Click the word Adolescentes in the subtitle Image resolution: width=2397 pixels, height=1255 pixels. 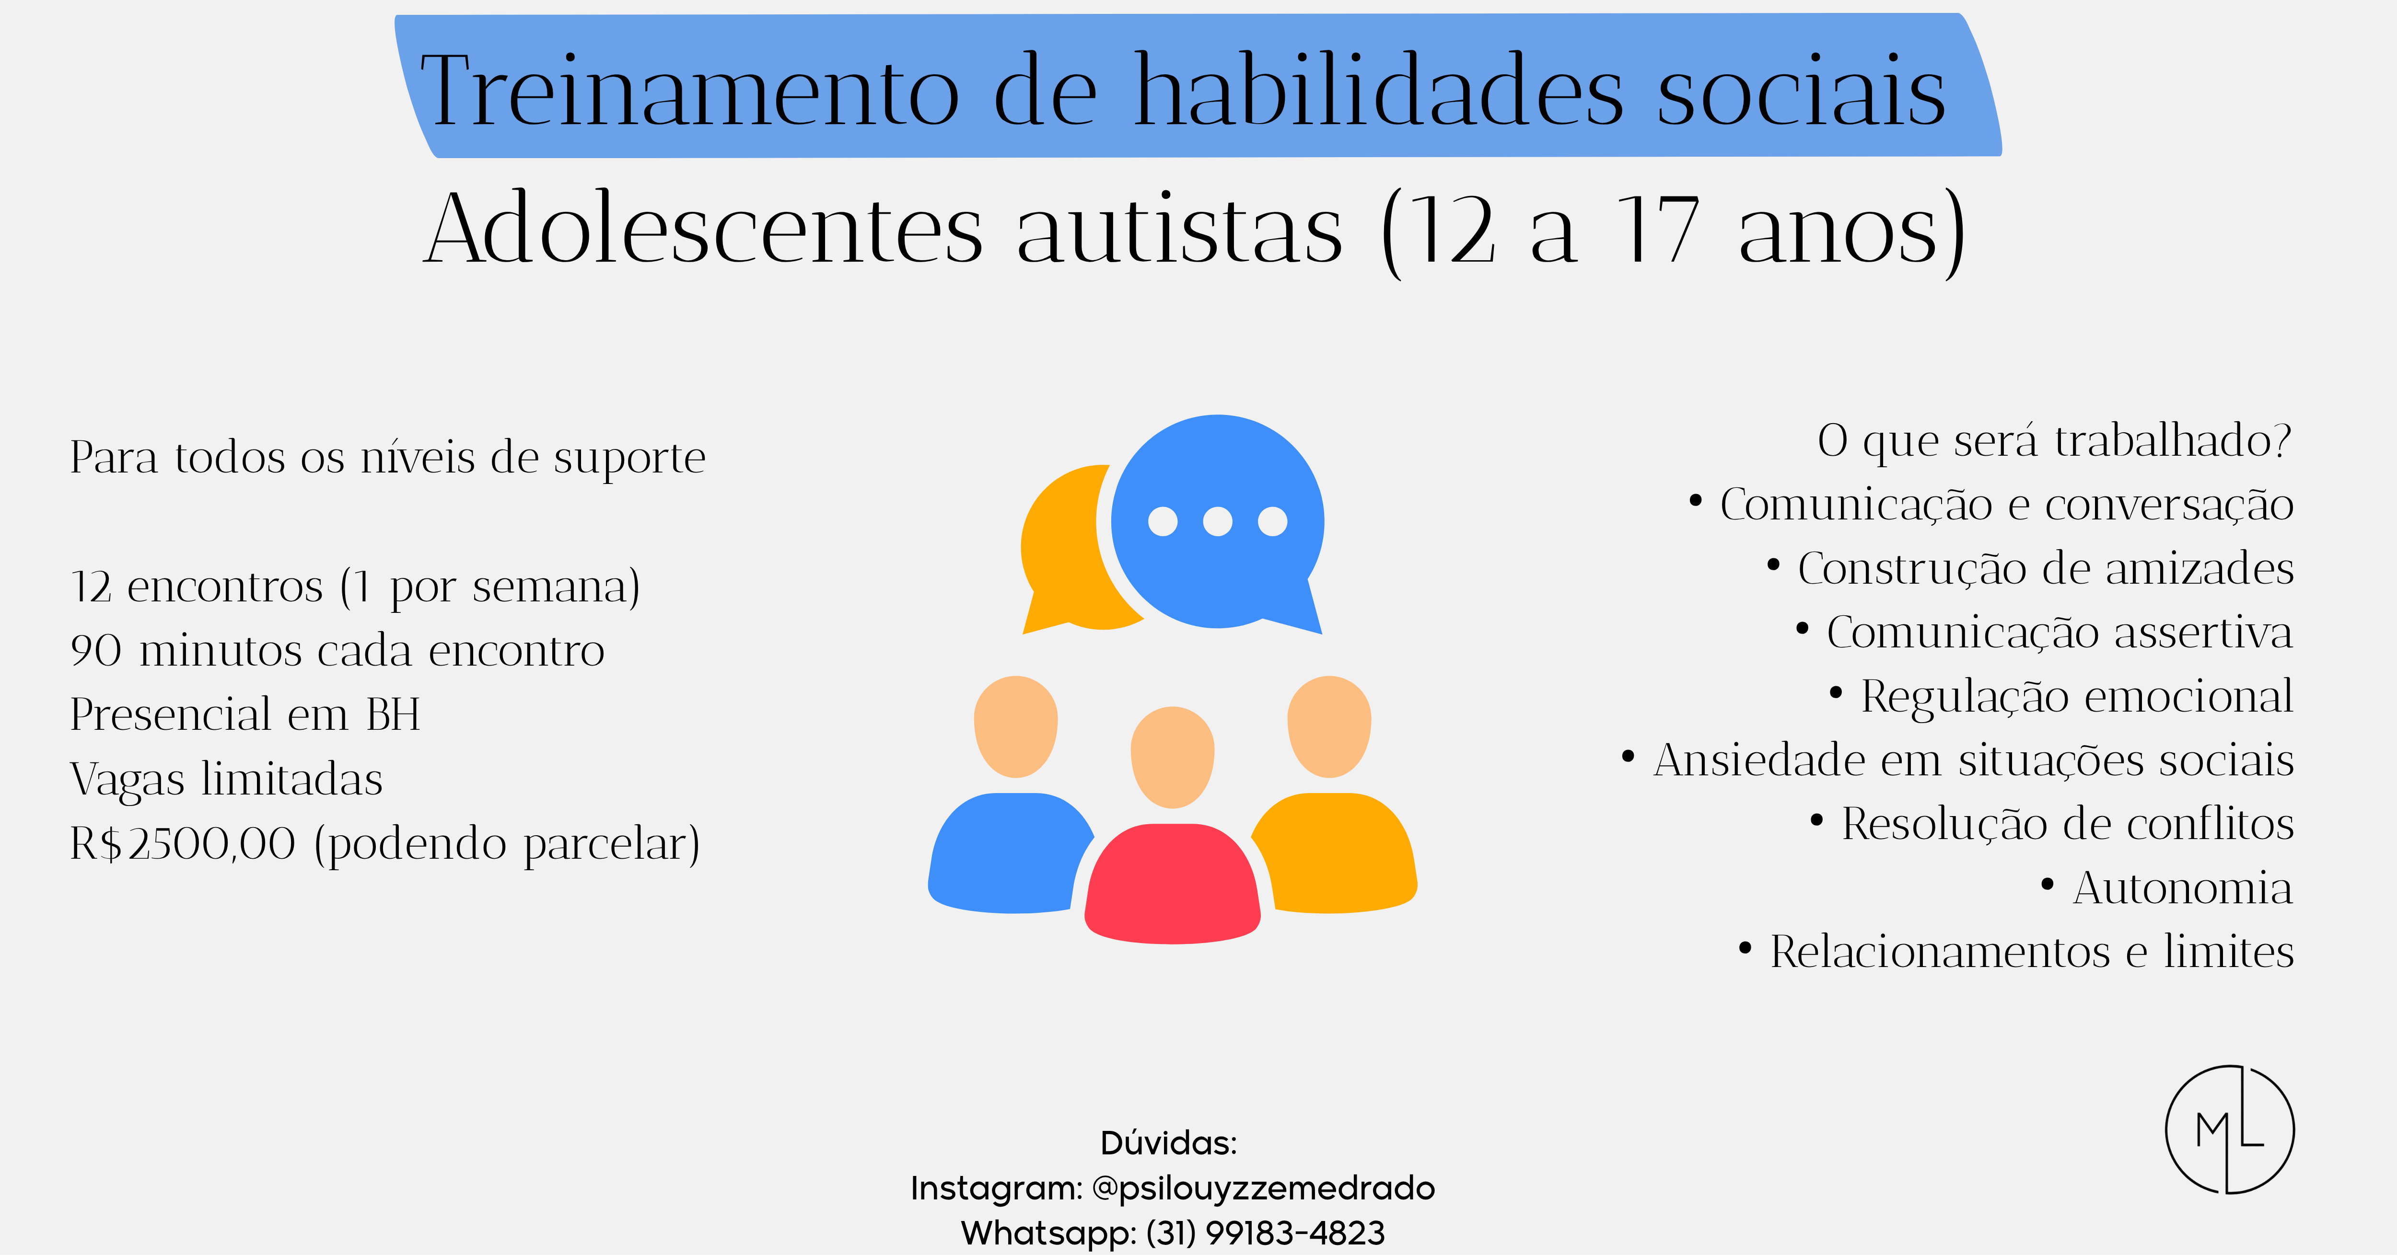703,228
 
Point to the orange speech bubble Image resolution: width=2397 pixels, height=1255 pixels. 1070,549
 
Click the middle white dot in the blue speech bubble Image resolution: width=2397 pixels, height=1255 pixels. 1217,521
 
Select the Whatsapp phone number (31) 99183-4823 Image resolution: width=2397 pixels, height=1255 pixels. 1266,1232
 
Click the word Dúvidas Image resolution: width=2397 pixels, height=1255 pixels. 1169,1142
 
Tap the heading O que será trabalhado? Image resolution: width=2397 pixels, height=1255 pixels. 2055,440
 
